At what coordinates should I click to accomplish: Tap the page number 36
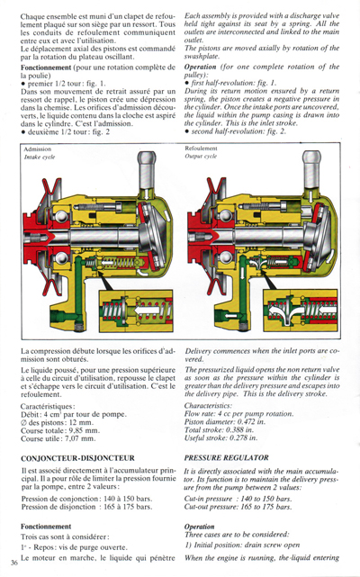13,563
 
